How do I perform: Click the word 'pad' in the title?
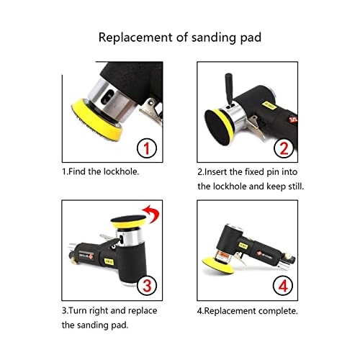click(248, 37)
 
